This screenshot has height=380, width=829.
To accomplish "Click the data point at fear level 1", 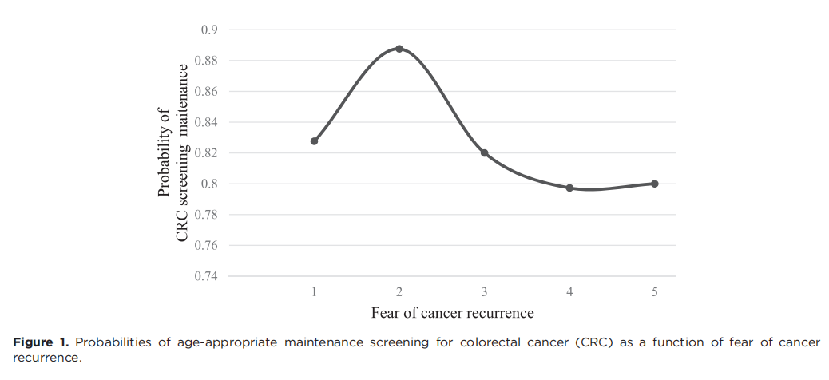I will coord(315,141).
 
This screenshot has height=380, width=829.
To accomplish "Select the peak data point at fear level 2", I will coord(399,49).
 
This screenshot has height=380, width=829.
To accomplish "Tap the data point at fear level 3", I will coord(485,152).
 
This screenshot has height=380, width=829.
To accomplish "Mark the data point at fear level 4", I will coord(569,188).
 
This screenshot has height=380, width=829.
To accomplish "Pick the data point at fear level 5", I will coord(655,184).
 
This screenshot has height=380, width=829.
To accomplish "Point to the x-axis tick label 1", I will coord(315,292).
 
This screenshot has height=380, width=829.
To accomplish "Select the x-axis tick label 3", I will coord(485,292).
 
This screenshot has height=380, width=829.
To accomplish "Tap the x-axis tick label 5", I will coord(655,292).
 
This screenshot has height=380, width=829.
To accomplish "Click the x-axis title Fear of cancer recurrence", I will coord(452,312).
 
